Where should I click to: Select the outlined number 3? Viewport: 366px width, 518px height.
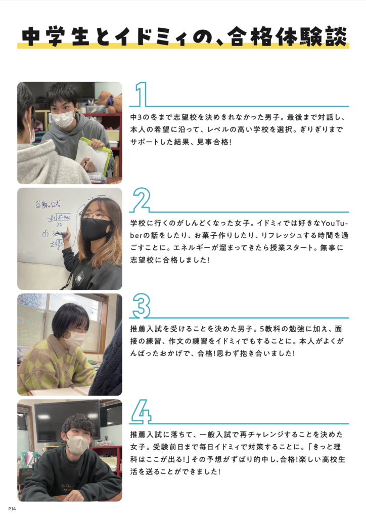click(x=142, y=306)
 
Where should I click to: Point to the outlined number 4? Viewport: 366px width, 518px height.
click(x=141, y=411)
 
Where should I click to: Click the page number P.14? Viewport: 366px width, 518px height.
click(x=12, y=509)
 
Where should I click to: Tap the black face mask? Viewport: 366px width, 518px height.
click(x=96, y=229)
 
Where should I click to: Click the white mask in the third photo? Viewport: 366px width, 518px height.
click(x=75, y=338)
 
